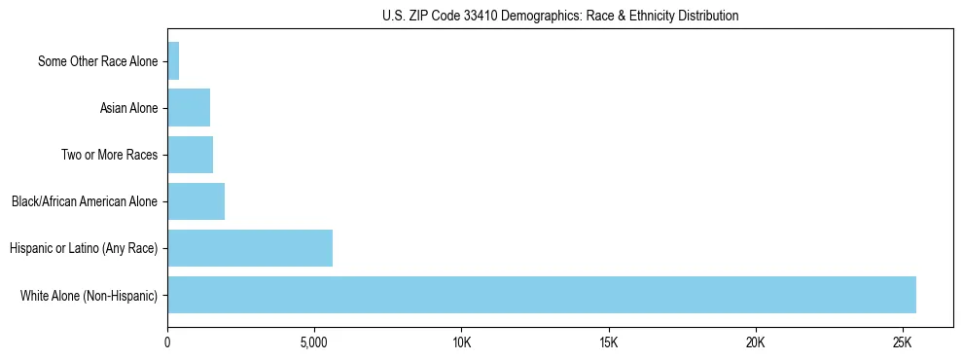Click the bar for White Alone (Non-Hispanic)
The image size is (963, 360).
coord(542,295)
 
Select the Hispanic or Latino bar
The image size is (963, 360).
coord(250,248)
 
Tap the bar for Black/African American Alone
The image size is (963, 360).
coord(196,201)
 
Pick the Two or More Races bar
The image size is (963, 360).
coord(191,155)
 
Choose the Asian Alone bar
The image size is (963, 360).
coord(189,108)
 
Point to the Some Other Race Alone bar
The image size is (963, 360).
coord(173,61)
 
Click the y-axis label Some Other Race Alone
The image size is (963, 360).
coord(97,61)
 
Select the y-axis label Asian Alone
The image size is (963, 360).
coord(128,108)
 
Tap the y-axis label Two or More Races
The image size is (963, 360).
coord(109,155)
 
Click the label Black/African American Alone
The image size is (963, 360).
coord(85,201)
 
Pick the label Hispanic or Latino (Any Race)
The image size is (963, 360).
coord(84,248)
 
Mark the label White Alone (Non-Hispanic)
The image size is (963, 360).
coord(89,295)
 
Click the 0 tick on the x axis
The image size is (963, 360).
coord(167,343)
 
